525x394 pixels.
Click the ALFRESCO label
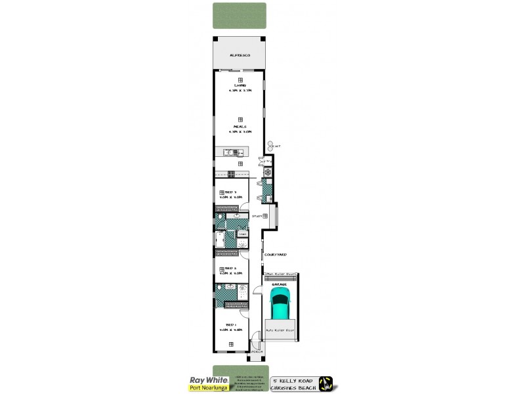[240, 55]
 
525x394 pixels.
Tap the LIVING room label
[240, 86]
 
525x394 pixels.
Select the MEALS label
[240, 126]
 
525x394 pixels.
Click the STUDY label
[257, 215]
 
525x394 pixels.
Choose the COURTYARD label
[275, 253]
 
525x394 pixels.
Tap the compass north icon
[326, 383]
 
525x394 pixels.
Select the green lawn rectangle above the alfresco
[240, 16]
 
